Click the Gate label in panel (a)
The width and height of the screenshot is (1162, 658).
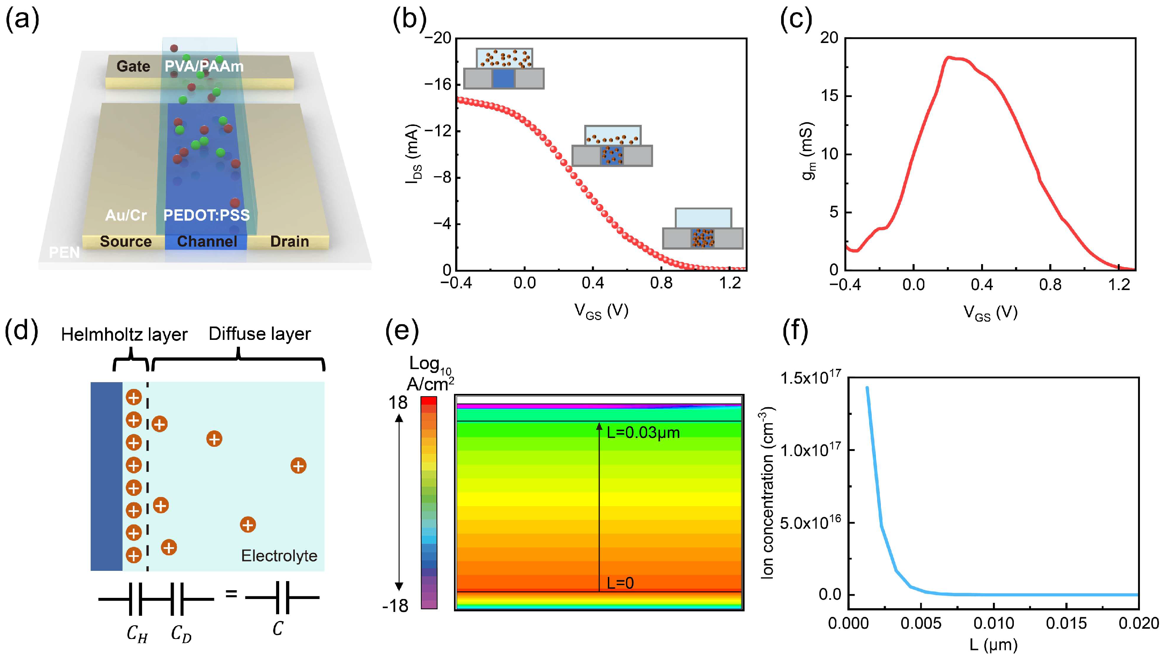pos(133,67)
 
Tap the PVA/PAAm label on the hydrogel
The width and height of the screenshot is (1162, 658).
pos(204,67)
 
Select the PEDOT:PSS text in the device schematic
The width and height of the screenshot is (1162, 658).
pos(206,215)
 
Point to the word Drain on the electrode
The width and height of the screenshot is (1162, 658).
pos(289,241)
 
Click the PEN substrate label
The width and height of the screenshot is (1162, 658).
pos(64,252)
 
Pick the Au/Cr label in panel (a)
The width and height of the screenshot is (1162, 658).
pos(126,215)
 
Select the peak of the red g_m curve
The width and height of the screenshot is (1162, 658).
pos(949,57)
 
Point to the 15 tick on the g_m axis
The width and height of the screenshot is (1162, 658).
pos(829,96)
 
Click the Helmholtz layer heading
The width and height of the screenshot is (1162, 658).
pos(124,335)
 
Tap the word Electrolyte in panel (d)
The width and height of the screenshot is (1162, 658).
pos(279,555)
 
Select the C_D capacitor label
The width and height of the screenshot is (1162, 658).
pos(181,634)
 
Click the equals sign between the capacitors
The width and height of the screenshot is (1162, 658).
pos(231,593)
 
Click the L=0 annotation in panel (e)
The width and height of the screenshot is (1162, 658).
pos(620,583)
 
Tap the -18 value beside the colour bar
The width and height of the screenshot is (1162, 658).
pos(395,605)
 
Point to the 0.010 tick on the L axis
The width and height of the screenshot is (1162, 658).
pos(994,624)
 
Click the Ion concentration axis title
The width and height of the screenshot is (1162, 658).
pos(768,492)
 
